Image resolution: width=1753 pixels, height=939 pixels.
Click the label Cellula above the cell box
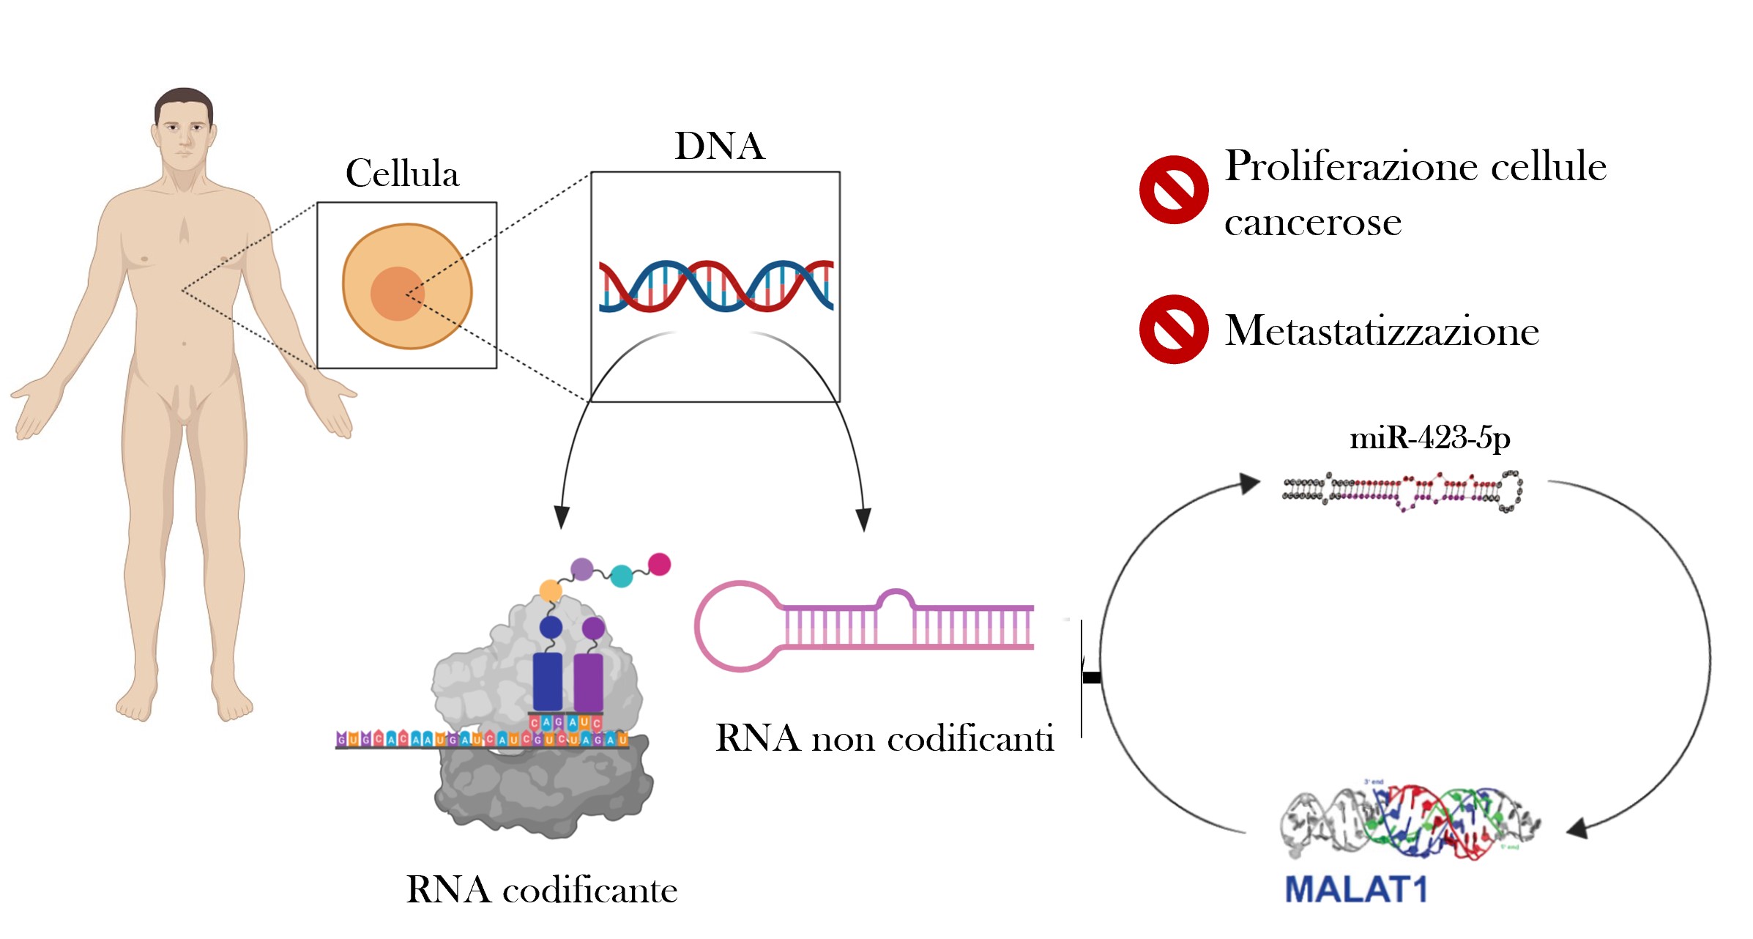point(402,174)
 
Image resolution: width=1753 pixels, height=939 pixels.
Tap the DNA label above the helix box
point(719,146)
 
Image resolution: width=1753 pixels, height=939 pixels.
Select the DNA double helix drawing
point(715,286)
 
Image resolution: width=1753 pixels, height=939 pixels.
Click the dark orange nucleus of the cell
point(397,294)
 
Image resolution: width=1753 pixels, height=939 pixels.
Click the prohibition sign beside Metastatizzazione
point(1173,330)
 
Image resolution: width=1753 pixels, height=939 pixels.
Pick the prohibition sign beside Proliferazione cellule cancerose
point(1173,190)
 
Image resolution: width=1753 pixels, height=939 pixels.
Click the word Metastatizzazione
point(1382,331)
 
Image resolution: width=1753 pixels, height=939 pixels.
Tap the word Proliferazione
point(1350,166)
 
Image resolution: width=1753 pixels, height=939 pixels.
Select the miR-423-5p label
point(1429,438)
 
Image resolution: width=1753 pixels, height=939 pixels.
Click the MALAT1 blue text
point(1356,890)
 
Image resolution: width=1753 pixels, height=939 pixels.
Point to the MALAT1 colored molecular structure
point(1410,820)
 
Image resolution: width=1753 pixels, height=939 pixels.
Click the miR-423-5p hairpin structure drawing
point(1402,491)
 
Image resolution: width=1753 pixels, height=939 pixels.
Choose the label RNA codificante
point(542,890)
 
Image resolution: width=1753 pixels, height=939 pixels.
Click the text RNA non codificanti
point(885,738)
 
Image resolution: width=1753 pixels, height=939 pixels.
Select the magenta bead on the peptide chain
point(659,564)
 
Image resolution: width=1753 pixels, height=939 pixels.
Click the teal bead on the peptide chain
point(621,576)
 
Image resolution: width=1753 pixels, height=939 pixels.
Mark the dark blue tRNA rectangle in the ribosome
point(548,681)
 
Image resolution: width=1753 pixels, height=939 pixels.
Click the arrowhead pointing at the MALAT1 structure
point(1578,828)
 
